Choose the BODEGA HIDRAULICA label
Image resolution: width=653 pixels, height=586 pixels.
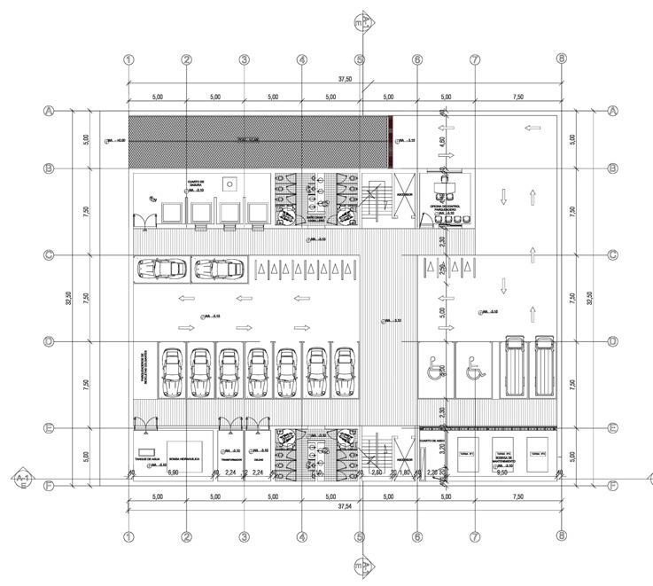pyautogui.click(x=183, y=448)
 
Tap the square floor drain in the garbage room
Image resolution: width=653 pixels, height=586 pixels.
pyautogui.click(x=229, y=184)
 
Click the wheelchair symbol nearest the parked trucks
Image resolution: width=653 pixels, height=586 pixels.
pyautogui.click(x=472, y=364)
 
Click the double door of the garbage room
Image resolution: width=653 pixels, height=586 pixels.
pyautogui.click(x=144, y=218)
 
